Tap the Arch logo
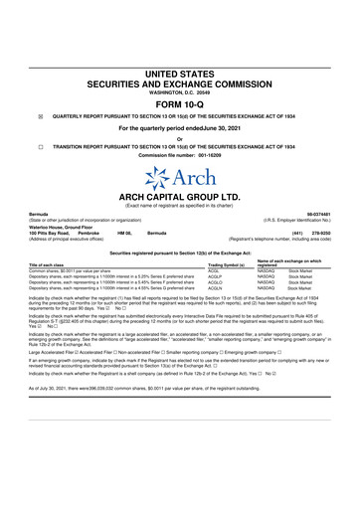[179, 180]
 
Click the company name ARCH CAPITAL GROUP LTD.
[179, 197]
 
